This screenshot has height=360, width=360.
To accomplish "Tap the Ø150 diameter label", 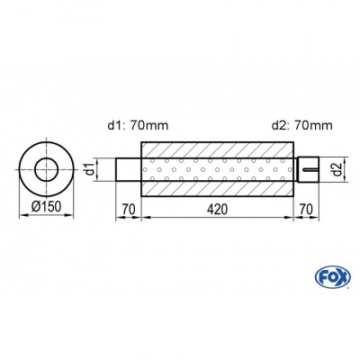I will coord(48,207).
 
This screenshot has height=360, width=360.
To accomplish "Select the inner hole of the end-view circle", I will coord(48,168).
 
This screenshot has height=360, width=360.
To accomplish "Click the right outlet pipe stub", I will coord(306,168).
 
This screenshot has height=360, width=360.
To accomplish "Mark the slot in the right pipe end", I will coord(310,167).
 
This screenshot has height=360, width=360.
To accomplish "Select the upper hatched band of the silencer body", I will coord(216,149).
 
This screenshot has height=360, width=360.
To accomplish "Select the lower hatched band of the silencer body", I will coord(216,186).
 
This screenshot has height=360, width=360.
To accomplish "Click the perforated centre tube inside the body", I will coord(216,168).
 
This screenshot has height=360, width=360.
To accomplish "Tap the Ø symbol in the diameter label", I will coord(35,207).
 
